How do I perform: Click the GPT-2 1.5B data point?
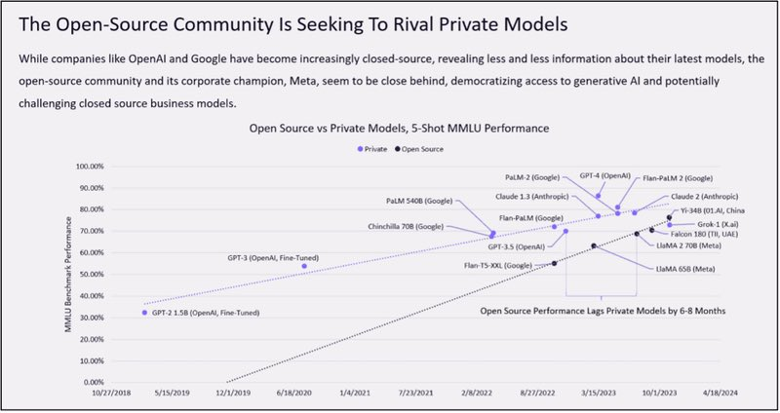coord(144,312)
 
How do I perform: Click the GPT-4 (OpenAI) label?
coord(604,174)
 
